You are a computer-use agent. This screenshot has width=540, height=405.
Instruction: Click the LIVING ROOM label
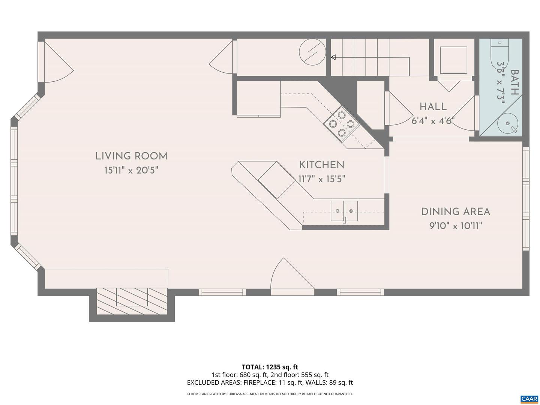[x=131, y=156]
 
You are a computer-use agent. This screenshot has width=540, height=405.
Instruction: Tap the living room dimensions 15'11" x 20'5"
[x=131, y=170]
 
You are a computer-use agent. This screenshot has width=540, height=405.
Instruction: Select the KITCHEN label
[x=322, y=165]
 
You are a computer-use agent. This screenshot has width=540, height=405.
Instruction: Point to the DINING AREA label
[x=456, y=211]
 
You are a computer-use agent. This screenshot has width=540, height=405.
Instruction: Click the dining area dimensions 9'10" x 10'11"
[x=456, y=226]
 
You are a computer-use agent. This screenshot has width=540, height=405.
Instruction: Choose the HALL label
[x=433, y=106]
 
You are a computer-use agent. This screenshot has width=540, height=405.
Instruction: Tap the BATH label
[x=514, y=82]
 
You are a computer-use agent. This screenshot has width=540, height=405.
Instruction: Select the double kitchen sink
[x=344, y=211]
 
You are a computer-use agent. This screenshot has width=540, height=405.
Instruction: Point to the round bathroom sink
[x=507, y=123]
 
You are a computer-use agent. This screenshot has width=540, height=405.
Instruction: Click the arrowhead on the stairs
[x=333, y=57]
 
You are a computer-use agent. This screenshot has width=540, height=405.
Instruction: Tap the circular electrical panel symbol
[x=312, y=52]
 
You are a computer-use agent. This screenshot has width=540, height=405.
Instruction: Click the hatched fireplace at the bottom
[x=132, y=301]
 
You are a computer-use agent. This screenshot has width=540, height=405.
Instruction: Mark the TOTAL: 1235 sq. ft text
[x=270, y=367]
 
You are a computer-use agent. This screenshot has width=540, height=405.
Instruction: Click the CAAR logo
[x=529, y=398]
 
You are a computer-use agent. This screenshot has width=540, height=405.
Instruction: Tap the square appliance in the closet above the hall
[x=453, y=60]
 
